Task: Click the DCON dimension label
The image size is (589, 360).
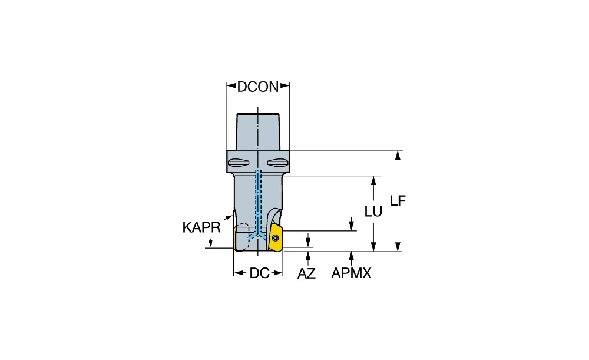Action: (258, 87)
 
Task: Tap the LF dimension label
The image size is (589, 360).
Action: (398, 201)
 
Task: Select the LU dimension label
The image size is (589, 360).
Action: (373, 212)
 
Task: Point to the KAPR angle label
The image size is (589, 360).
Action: (201, 227)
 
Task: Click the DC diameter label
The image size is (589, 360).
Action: (260, 273)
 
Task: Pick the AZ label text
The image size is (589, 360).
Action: (306, 273)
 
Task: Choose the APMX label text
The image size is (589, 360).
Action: (351, 273)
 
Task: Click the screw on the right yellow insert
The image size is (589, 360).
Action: (276, 237)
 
